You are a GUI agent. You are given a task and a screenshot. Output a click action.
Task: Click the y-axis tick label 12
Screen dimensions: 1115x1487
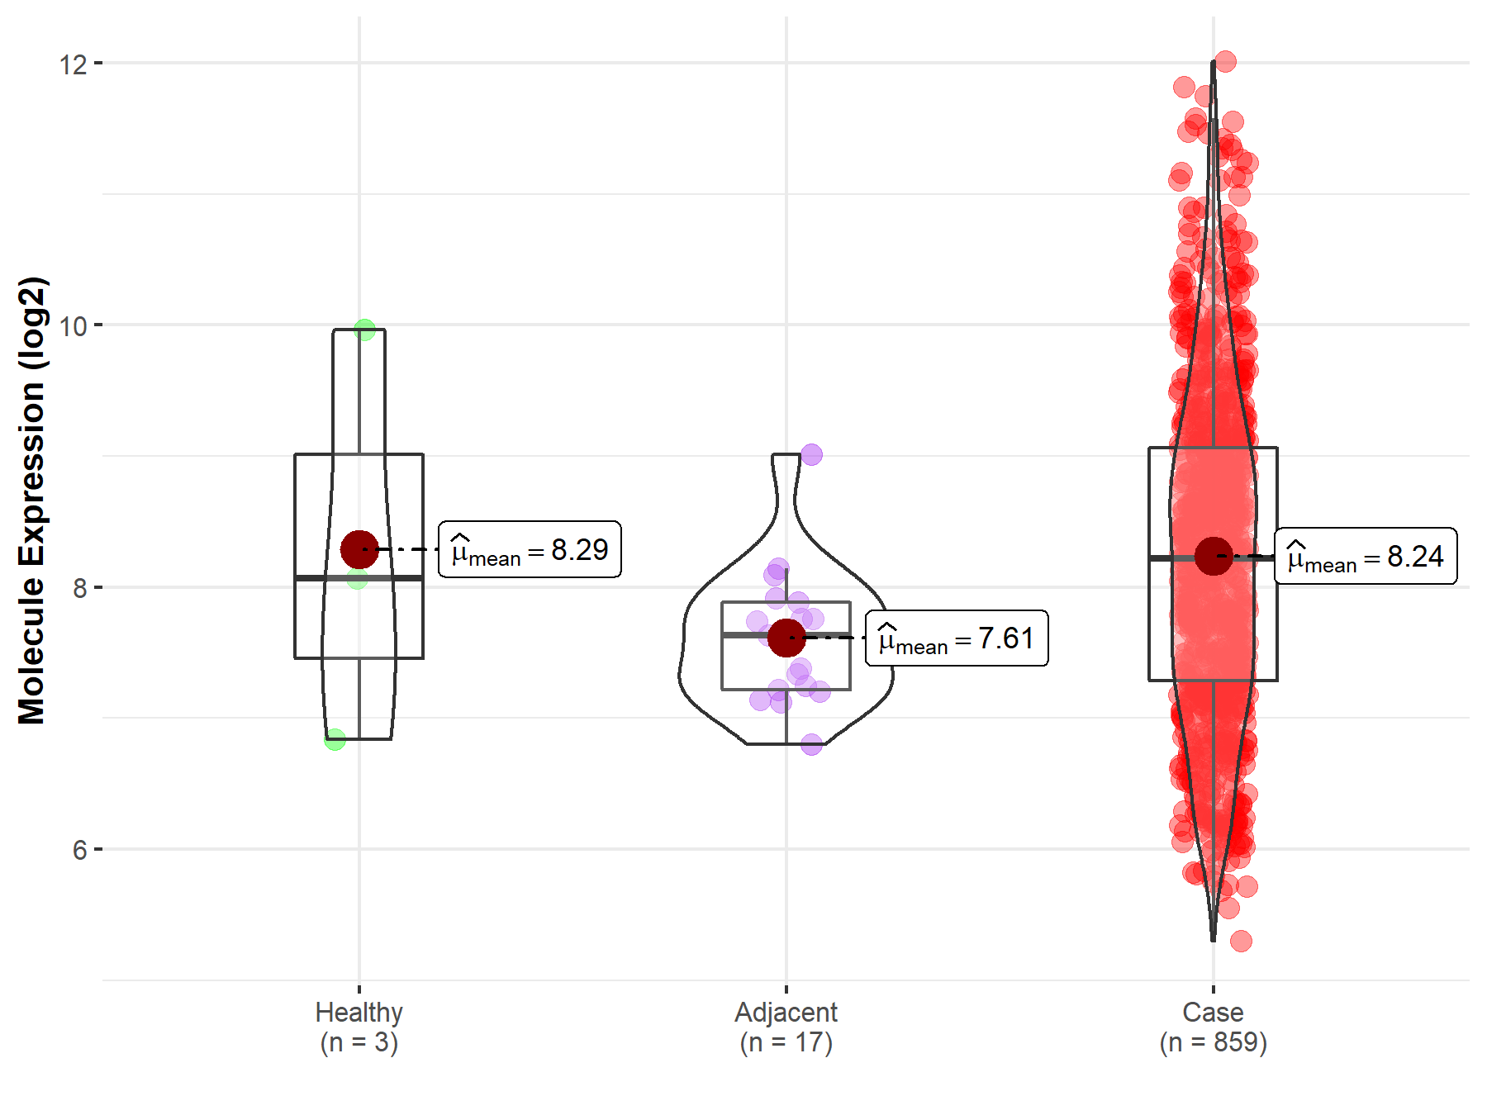73,64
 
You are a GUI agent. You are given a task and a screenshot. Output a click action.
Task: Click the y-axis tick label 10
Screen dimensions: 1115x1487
73,326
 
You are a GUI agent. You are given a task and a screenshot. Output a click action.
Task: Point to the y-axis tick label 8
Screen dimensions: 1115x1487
79,588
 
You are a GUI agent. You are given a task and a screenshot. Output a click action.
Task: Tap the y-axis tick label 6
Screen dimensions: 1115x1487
79,850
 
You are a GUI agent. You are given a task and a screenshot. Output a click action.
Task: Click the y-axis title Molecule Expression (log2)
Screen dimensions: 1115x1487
31,501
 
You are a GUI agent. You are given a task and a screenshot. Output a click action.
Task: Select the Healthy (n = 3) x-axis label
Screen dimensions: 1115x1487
359,1027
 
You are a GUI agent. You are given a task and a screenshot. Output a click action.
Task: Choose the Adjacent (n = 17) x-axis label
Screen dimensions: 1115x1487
786,1027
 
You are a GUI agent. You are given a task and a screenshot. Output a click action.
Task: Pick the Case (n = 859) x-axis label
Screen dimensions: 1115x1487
1213,1027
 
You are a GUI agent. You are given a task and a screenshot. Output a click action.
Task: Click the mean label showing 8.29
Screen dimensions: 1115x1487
530,549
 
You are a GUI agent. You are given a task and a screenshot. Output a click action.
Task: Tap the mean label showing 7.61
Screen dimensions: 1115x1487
957,638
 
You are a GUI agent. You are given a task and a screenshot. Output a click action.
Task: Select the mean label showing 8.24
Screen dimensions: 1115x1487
1366,556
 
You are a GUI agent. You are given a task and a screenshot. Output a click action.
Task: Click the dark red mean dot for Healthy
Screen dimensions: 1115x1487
359,549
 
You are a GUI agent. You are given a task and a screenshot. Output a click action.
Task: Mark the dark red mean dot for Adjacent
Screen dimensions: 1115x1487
786,638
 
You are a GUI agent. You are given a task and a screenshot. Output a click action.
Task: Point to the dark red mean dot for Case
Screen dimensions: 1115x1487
1214,556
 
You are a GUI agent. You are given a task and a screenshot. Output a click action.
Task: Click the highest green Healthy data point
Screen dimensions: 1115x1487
364,330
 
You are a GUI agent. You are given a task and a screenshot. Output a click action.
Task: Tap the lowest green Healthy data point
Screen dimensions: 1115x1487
335,739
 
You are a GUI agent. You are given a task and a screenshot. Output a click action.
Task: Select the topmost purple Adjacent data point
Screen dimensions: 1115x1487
811,454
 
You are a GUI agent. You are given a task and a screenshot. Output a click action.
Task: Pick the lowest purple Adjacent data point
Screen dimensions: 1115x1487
811,744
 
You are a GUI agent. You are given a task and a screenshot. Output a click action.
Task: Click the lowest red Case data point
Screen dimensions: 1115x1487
1241,941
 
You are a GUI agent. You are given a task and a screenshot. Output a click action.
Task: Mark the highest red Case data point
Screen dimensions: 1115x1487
1225,61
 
